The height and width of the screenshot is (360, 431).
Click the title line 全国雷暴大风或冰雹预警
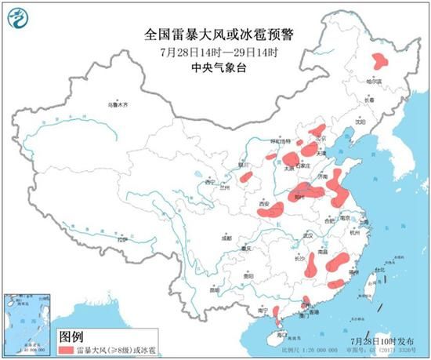213,34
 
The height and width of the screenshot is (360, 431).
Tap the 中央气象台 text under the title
213,67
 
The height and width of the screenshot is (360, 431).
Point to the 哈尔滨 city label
378,81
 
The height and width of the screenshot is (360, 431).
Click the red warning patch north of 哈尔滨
382,60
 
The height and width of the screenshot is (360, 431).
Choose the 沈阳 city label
359,122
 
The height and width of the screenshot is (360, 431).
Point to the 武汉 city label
308,235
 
